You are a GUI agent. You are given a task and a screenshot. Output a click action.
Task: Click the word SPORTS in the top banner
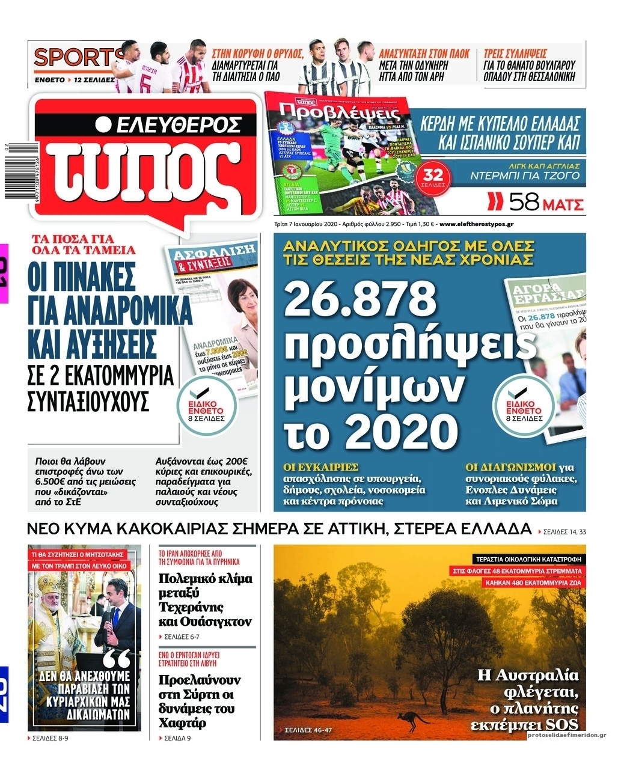[x=72, y=59]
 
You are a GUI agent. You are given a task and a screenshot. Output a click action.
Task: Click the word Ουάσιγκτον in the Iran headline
[x=204, y=622]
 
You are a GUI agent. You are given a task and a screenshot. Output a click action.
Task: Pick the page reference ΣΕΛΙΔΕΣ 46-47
[x=307, y=731]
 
